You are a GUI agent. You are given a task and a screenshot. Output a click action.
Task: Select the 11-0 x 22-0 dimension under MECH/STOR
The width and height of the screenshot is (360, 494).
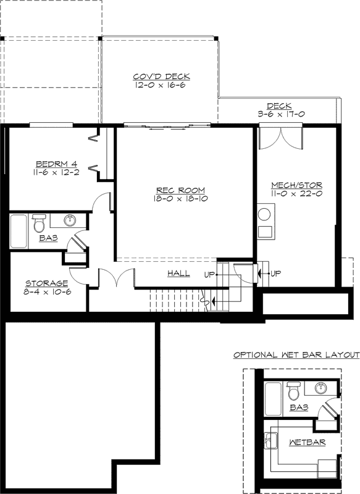[296, 193]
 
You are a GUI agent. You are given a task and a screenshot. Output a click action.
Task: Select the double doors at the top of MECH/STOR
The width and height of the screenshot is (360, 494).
[281, 138]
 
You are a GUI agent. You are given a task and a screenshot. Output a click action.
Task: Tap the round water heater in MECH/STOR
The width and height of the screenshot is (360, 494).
[265, 215]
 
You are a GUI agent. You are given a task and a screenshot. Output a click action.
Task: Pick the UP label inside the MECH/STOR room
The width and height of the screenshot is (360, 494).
[276, 273]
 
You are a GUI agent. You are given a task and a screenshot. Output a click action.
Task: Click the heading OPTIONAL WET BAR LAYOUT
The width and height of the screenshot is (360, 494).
[296, 355]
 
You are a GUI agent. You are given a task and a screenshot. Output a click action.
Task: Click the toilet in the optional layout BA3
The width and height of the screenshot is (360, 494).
[295, 391]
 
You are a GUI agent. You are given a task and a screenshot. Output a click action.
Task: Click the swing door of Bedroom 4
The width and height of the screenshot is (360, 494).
[103, 203]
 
